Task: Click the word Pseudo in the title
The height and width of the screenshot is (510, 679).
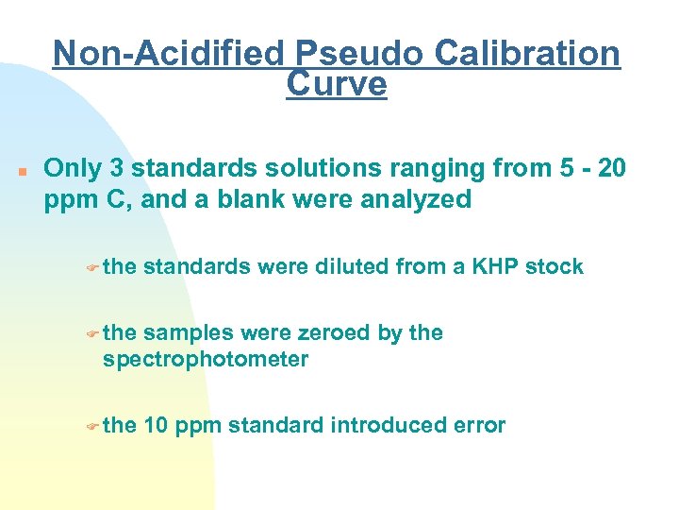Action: click(x=351, y=54)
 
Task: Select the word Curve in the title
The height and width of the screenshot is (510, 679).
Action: click(x=336, y=84)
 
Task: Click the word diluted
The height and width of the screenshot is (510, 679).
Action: click(x=343, y=267)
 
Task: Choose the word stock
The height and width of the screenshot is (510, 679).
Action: click(x=555, y=267)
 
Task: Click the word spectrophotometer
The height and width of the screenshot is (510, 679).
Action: click(x=206, y=360)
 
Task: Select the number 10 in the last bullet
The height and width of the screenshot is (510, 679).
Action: click(x=157, y=426)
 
